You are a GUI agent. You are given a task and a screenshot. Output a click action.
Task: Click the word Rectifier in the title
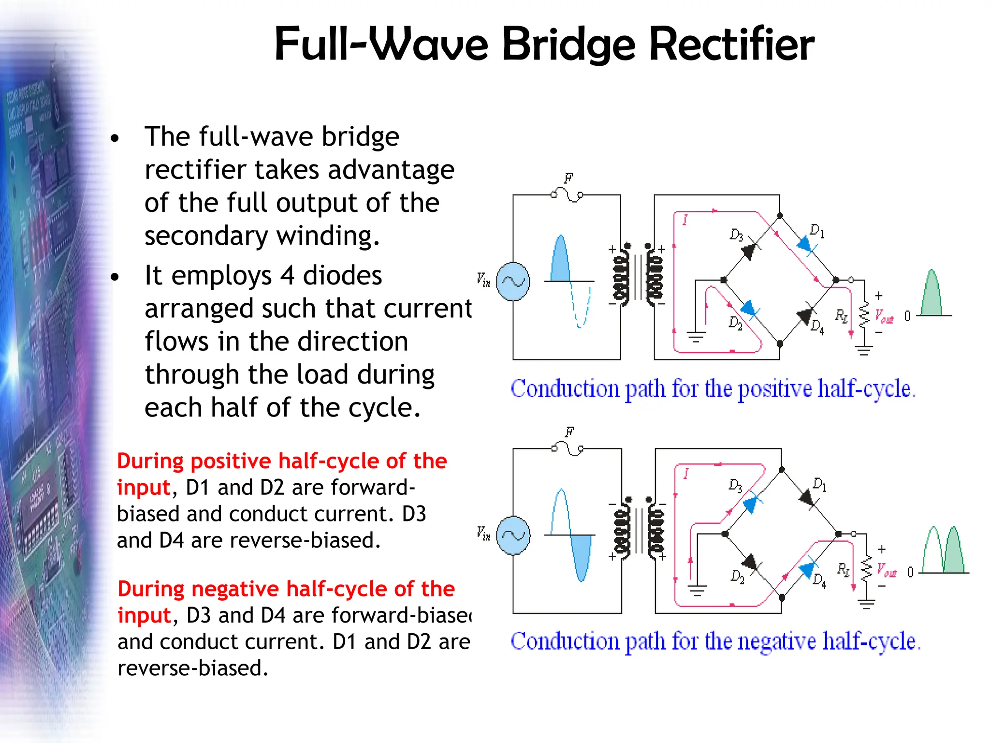731,45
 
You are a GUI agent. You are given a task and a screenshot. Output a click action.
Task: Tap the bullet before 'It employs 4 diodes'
115,277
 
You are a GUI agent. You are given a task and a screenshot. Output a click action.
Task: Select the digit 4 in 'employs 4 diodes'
287,276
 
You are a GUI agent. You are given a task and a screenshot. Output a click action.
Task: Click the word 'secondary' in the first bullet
206,237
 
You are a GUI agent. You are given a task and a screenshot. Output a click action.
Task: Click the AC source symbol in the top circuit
513,281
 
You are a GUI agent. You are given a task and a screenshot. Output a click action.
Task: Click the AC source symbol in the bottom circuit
513,535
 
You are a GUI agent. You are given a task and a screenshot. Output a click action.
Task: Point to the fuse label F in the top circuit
568,178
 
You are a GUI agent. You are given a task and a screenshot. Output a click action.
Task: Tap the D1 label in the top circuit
816,231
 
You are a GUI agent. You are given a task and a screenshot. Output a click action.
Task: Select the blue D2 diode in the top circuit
749,308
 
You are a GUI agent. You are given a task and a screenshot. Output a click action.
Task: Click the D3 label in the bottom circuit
735,485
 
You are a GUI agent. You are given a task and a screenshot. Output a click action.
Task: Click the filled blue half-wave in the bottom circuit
581,556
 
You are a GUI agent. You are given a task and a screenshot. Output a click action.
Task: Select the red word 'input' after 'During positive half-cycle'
144,487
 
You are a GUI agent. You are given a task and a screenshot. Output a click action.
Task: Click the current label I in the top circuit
685,220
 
